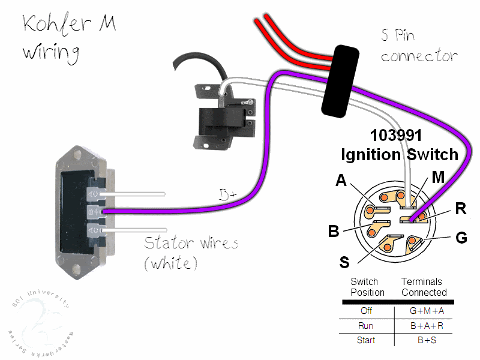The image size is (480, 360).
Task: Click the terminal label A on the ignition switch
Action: [x=341, y=180]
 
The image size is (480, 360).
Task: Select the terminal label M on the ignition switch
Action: [x=439, y=177]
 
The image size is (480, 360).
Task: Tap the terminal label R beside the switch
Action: [x=461, y=208]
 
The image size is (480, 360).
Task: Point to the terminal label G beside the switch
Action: [x=461, y=238]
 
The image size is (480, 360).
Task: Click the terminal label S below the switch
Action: [x=344, y=262]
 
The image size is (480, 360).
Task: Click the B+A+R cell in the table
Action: [x=424, y=326]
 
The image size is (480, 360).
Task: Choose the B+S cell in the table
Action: [x=424, y=340]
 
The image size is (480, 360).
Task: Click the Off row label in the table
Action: [x=366, y=311]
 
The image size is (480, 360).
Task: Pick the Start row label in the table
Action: [x=366, y=340]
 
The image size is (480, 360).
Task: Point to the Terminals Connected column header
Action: [x=424, y=287]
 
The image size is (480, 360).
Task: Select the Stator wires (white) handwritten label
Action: [x=191, y=252]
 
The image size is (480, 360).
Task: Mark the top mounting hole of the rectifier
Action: [x=78, y=154]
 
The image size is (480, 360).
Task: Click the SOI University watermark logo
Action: [x=39, y=321]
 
